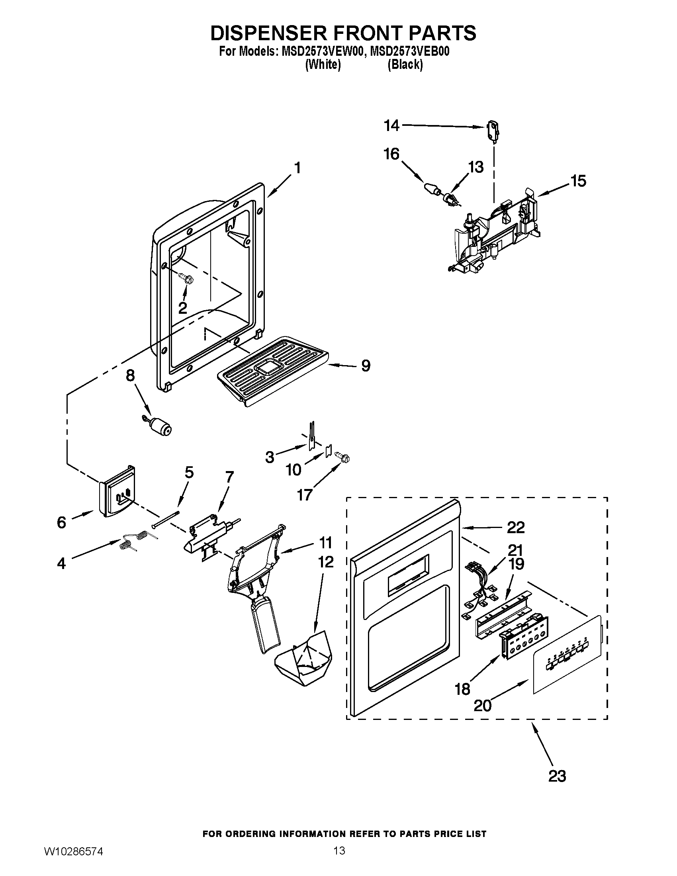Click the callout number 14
[x=391, y=125]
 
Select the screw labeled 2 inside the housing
[x=185, y=277]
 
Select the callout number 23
[x=557, y=776]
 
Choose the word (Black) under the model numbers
[x=405, y=65]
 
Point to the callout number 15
[x=578, y=181]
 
